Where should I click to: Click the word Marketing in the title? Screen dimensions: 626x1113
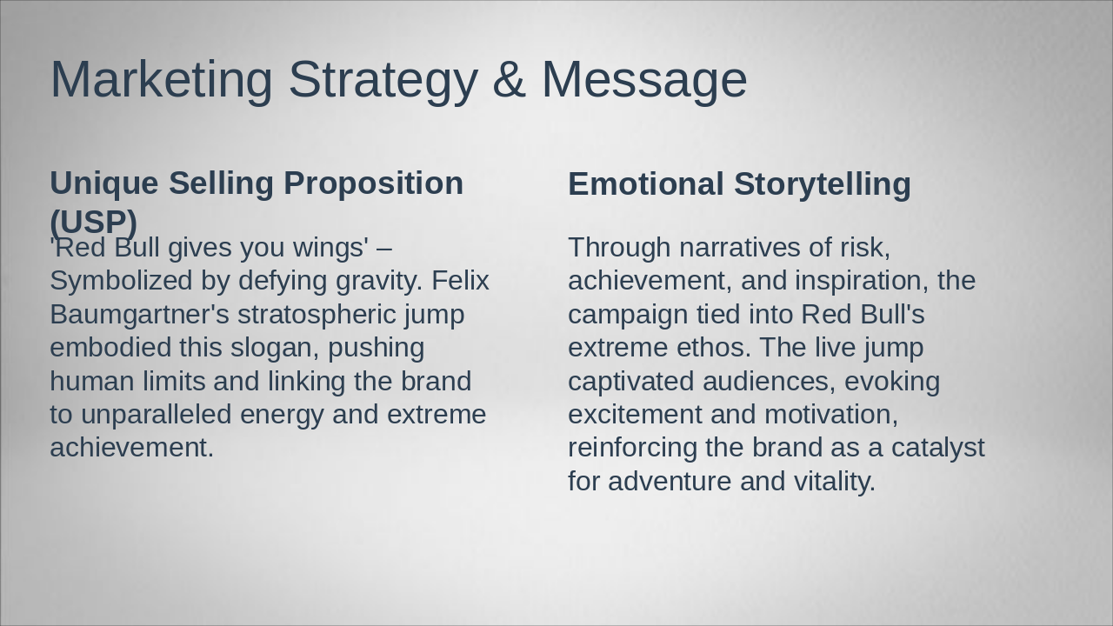tap(161, 80)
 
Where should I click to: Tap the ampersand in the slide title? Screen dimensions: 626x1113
tap(509, 80)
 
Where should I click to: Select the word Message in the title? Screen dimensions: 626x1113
tap(643, 80)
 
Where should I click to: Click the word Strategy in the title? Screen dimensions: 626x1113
tap(383, 80)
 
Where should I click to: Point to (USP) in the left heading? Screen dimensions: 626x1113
tap(93, 221)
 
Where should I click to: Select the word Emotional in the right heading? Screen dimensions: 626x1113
tap(645, 184)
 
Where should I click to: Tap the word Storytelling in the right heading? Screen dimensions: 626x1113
tap(822, 184)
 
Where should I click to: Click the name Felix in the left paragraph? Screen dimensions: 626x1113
tap(460, 281)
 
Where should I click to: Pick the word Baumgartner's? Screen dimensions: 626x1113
tap(138, 314)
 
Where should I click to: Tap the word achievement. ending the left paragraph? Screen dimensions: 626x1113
tap(131, 447)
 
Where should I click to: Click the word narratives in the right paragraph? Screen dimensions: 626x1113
tap(739, 247)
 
